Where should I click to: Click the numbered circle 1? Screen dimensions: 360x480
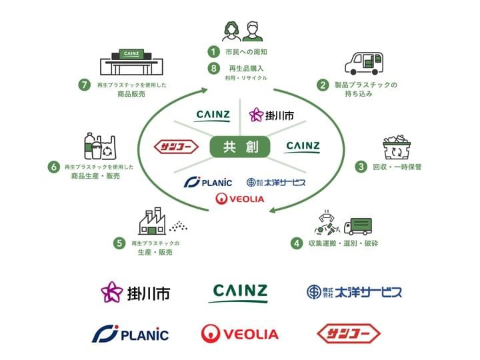pyautogui.click(x=213, y=51)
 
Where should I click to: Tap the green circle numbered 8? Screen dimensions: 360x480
pyautogui.click(x=213, y=68)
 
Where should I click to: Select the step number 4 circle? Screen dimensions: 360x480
pyautogui.click(x=296, y=243)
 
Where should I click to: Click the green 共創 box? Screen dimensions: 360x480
pyautogui.click(x=240, y=147)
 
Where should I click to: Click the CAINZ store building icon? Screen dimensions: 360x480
pyautogui.click(x=133, y=61)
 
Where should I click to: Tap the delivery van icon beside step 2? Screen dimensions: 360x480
pyautogui.click(x=365, y=62)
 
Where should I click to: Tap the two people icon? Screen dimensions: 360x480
pyautogui.click(x=240, y=30)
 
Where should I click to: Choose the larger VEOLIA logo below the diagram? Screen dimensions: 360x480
pyautogui.click(x=240, y=333)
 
